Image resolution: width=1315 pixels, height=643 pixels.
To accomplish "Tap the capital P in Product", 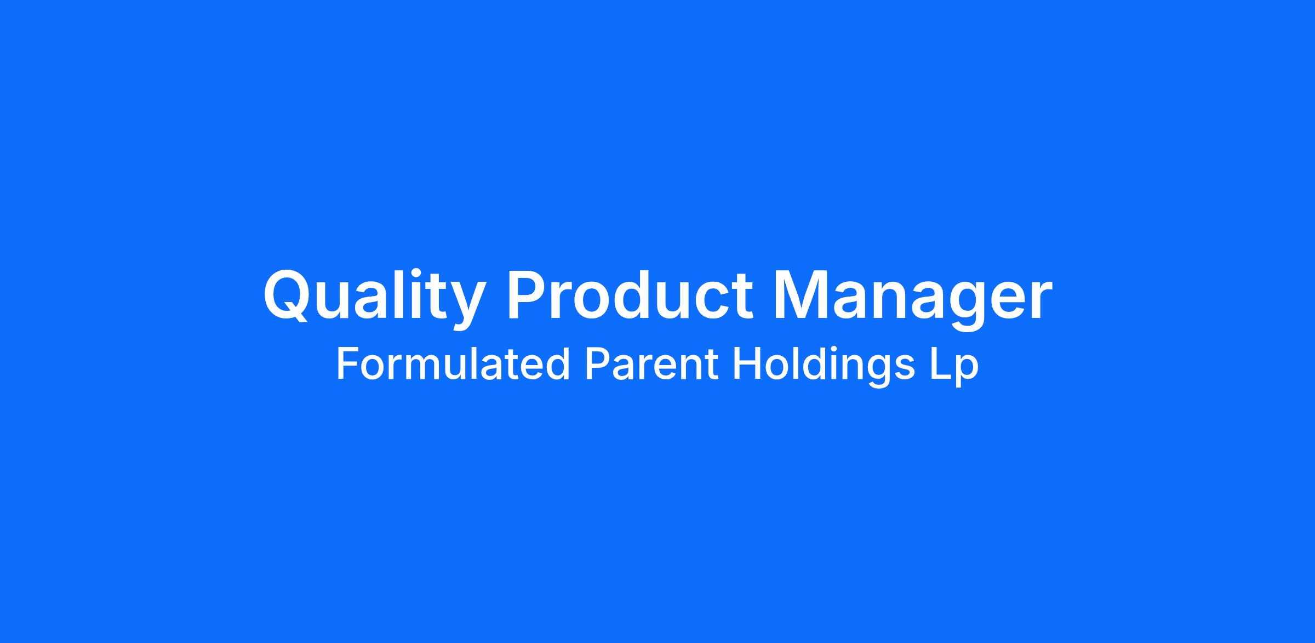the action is click(x=528, y=294).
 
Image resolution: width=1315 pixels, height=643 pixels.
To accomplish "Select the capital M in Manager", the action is click(x=802, y=294).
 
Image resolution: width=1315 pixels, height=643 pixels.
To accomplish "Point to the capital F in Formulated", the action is click(x=348, y=364).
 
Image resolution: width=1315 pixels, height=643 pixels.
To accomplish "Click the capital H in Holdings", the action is click(x=746, y=364).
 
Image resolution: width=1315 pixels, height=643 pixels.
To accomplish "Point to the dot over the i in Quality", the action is click(x=416, y=272).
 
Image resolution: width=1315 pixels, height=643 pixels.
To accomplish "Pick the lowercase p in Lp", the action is click(x=967, y=372).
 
